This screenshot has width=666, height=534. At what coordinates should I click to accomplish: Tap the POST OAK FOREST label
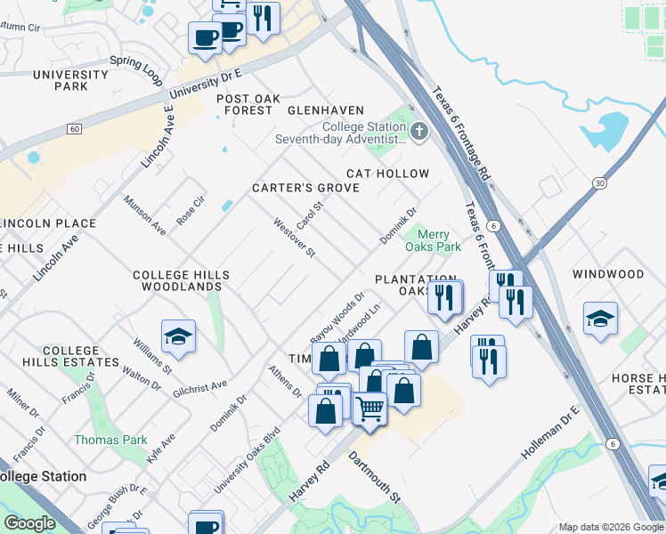[243, 103]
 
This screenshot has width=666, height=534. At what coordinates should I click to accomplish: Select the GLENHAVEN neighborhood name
[326, 110]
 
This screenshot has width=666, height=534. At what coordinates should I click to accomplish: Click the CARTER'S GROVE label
[305, 188]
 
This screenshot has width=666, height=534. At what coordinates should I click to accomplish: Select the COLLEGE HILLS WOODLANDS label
[176, 281]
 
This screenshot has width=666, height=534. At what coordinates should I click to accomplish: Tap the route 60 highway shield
[74, 129]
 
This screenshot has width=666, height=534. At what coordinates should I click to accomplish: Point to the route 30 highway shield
[600, 182]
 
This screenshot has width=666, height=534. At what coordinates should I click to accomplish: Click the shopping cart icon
[370, 409]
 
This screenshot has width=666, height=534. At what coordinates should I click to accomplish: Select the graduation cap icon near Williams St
[178, 337]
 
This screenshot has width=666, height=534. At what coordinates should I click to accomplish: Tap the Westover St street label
[295, 238]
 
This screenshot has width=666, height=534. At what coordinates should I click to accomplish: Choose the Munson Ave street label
[145, 215]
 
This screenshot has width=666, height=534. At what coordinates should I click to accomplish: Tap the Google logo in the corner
[29, 523]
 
